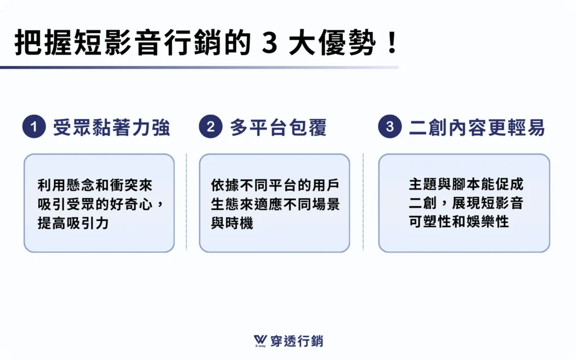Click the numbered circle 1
[x=34, y=127]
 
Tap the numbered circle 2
[x=210, y=127]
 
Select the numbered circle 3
[x=390, y=127]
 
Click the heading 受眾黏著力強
[x=111, y=128]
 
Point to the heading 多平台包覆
[x=278, y=128]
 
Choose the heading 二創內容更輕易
[x=477, y=128]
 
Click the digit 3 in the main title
[x=270, y=43]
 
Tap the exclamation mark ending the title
[x=392, y=43]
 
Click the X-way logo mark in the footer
[x=260, y=341]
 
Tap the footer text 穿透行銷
[x=297, y=341]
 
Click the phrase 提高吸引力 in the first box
[x=73, y=223]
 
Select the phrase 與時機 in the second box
[x=232, y=223]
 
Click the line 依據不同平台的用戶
[x=275, y=185]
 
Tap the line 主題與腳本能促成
[x=466, y=184]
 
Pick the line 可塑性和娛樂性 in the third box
[x=459, y=222]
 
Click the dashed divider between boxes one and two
[x=187, y=202]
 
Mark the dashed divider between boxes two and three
[x=363, y=202]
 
